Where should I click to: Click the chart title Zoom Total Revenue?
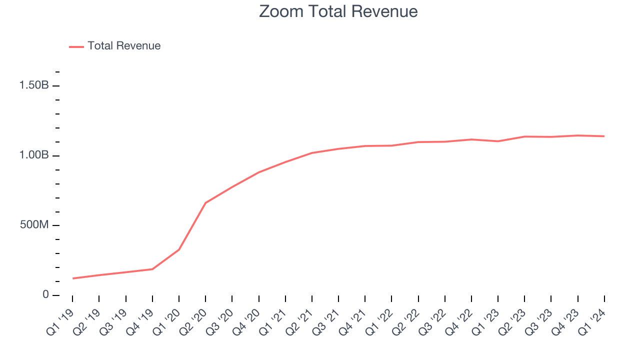tap(338, 11)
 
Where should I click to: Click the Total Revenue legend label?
tap(124, 46)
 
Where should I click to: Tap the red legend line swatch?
tap(76, 46)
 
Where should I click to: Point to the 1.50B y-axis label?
tap(34, 85)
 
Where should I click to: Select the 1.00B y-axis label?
tap(34, 155)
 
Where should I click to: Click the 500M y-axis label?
tap(34, 225)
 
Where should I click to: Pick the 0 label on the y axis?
tap(45, 295)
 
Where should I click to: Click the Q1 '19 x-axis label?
tap(60, 320)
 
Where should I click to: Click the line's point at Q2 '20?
tap(205, 202)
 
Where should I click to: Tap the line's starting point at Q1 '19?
tap(72, 278)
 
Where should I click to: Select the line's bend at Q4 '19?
tap(152, 269)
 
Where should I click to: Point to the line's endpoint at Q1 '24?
tap(604, 136)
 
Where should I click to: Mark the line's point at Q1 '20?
tap(179, 249)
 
